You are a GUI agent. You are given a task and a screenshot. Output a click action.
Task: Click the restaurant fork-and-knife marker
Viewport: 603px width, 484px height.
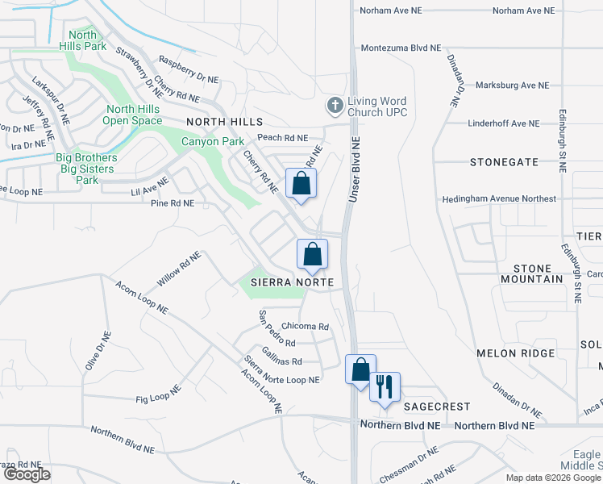[x=385, y=386]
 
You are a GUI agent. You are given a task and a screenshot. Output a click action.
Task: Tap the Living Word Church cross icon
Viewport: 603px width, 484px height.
[x=335, y=105]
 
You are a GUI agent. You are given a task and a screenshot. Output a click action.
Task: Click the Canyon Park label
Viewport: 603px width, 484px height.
[x=213, y=141]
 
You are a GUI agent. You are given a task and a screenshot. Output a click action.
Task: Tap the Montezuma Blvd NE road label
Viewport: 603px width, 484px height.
[x=401, y=48]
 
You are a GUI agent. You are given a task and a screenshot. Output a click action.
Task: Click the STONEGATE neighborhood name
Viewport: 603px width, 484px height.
[x=504, y=162]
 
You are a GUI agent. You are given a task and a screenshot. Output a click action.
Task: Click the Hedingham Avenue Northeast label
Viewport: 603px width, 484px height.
[x=498, y=198]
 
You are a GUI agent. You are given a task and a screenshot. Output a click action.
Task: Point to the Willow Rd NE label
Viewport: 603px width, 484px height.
[x=179, y=269]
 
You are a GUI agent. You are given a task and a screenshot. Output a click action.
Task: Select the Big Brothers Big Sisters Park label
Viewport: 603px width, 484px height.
[x=88, y=169]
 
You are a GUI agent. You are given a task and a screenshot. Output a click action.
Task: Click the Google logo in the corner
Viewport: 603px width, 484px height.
[x=27, y=474]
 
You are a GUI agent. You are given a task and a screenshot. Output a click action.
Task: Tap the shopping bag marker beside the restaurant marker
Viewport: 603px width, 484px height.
[x=360, y=369]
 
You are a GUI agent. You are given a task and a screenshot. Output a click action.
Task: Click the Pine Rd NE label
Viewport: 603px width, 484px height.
[x=173, y=204]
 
